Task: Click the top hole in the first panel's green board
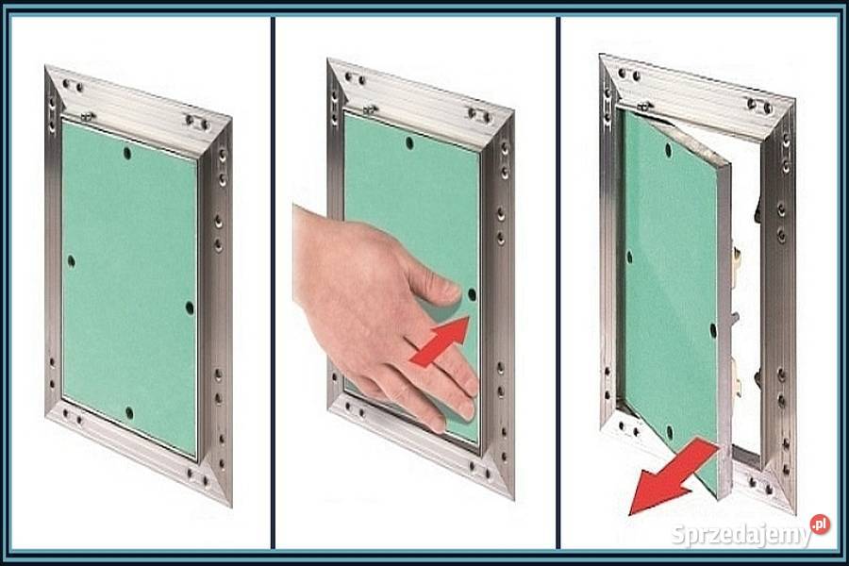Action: coord(126,153)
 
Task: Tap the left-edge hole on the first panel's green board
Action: coord(71,262)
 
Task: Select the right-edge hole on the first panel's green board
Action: coord(190,308)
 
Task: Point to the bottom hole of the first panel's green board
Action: coord(129,413)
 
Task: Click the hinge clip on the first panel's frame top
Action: coord(88,116)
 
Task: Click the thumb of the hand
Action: coord(433,283)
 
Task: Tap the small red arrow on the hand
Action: coord(440,341)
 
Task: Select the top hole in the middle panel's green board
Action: coord(409,143)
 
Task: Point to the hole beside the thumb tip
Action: coord(472,295)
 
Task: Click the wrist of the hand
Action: coord(314,255)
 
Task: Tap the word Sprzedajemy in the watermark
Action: coord(741,535)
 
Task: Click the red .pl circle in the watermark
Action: coord(821,524)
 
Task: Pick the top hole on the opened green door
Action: coord(668,150)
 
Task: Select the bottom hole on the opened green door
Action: coord(670,432)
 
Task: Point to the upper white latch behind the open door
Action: coord(737,258)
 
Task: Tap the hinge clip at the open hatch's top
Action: coord(645,106)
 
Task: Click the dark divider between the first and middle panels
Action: coord(273,283)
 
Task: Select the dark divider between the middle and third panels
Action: coord(558,283)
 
